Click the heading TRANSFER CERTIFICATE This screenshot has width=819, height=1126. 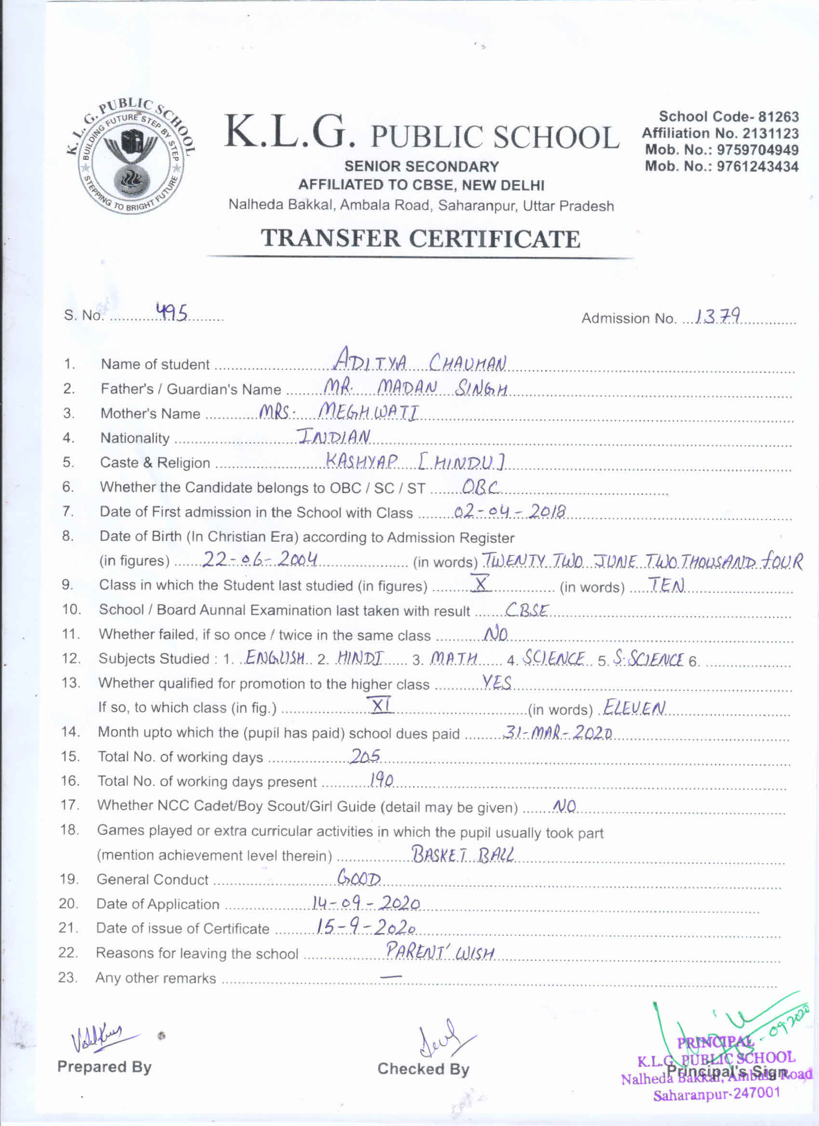pos(420,239)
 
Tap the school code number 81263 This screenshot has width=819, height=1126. pos(778,117)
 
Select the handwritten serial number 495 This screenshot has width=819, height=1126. pos(172,313)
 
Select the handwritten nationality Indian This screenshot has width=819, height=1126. pos(334,436)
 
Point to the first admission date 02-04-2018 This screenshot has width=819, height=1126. pos(510,511)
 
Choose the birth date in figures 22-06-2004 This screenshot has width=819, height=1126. pos(260,560)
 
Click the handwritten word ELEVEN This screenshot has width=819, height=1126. pos(634,707)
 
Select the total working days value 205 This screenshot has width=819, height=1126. pos(365,756)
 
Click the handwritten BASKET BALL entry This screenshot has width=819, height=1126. pos(463,854)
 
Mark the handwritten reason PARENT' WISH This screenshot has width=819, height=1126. pos(440,952)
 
